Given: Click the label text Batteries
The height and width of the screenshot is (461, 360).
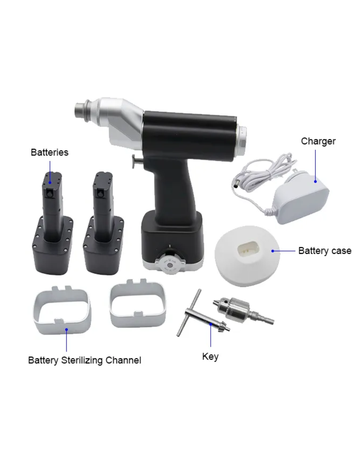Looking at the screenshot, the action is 49,152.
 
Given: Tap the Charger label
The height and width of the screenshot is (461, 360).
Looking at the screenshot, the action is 318,141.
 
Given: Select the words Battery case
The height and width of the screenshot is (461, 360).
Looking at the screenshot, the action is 325,251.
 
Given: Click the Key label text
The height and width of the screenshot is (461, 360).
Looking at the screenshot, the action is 210,357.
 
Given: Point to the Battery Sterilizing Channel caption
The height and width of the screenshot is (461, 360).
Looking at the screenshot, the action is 85,361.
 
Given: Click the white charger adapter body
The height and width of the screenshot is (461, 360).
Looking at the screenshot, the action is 301,199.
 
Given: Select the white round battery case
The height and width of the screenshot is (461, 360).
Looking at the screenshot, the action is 247,256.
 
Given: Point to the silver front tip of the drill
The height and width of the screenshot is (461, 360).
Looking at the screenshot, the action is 83,110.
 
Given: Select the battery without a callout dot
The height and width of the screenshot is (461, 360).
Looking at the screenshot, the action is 103,223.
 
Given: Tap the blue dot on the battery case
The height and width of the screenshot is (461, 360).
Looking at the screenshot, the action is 273,251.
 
